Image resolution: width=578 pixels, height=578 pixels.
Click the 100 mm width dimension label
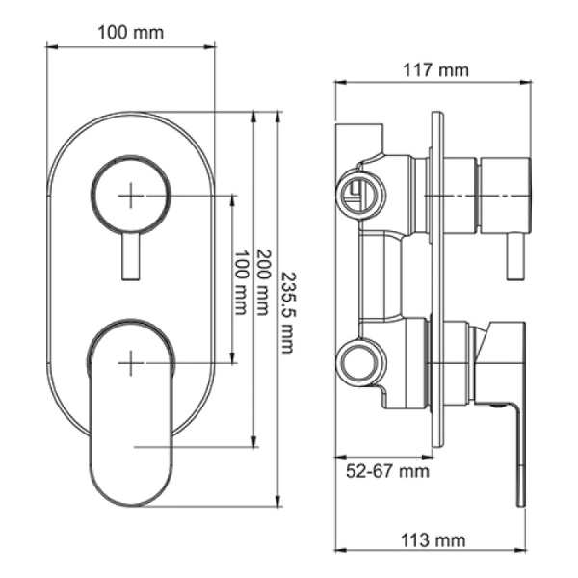tap(131, 32)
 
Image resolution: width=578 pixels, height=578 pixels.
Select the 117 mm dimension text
tap(433, 70)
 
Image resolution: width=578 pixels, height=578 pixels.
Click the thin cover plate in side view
tap(437, 279)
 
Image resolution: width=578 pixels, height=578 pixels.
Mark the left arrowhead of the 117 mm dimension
tap(338, 84)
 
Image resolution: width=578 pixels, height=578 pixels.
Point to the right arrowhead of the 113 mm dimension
tap(525, 551)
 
